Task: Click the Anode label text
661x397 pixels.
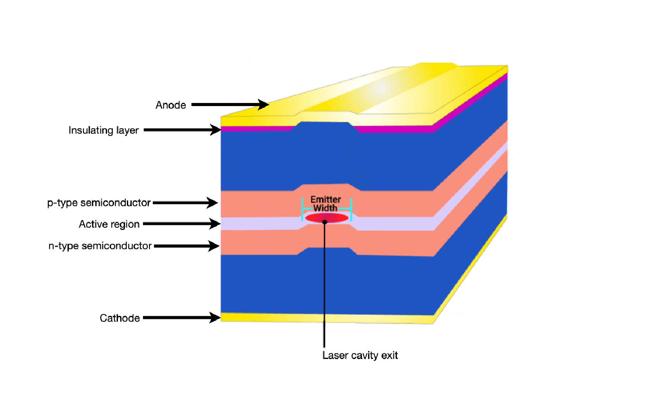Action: click(171, 105)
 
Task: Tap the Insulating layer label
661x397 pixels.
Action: click(104, 131)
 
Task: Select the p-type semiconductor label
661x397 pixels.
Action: click(99, 203)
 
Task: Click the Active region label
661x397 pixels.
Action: click(109, 225)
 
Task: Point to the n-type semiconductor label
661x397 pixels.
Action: click(100, 246)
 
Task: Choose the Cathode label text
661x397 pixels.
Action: click(119, 318)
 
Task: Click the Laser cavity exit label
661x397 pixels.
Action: click(360, 355)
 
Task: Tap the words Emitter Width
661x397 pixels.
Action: click(326, 204)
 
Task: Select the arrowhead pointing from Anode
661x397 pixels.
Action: click(264, 104)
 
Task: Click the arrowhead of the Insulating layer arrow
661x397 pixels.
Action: click(216, 130)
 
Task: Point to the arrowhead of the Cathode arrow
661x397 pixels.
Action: click(215, 317)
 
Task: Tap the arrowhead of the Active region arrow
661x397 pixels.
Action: click(215, 224)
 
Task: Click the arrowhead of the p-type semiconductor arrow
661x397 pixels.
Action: click(213, 203)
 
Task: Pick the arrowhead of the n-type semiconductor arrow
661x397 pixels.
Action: click(214, 246)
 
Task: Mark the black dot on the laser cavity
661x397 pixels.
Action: click(325, 222)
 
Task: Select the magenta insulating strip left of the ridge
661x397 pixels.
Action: click(256, 129)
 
